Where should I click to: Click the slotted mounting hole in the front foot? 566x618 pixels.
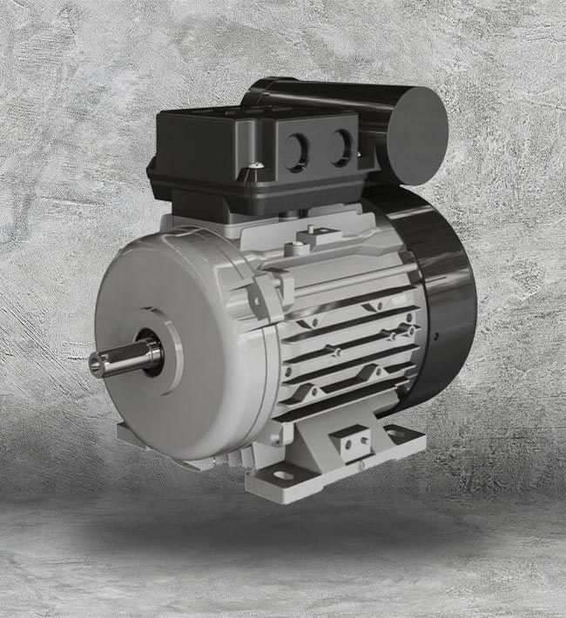[x=283, y=475]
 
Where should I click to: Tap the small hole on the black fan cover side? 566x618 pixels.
[x=433, y=331]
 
